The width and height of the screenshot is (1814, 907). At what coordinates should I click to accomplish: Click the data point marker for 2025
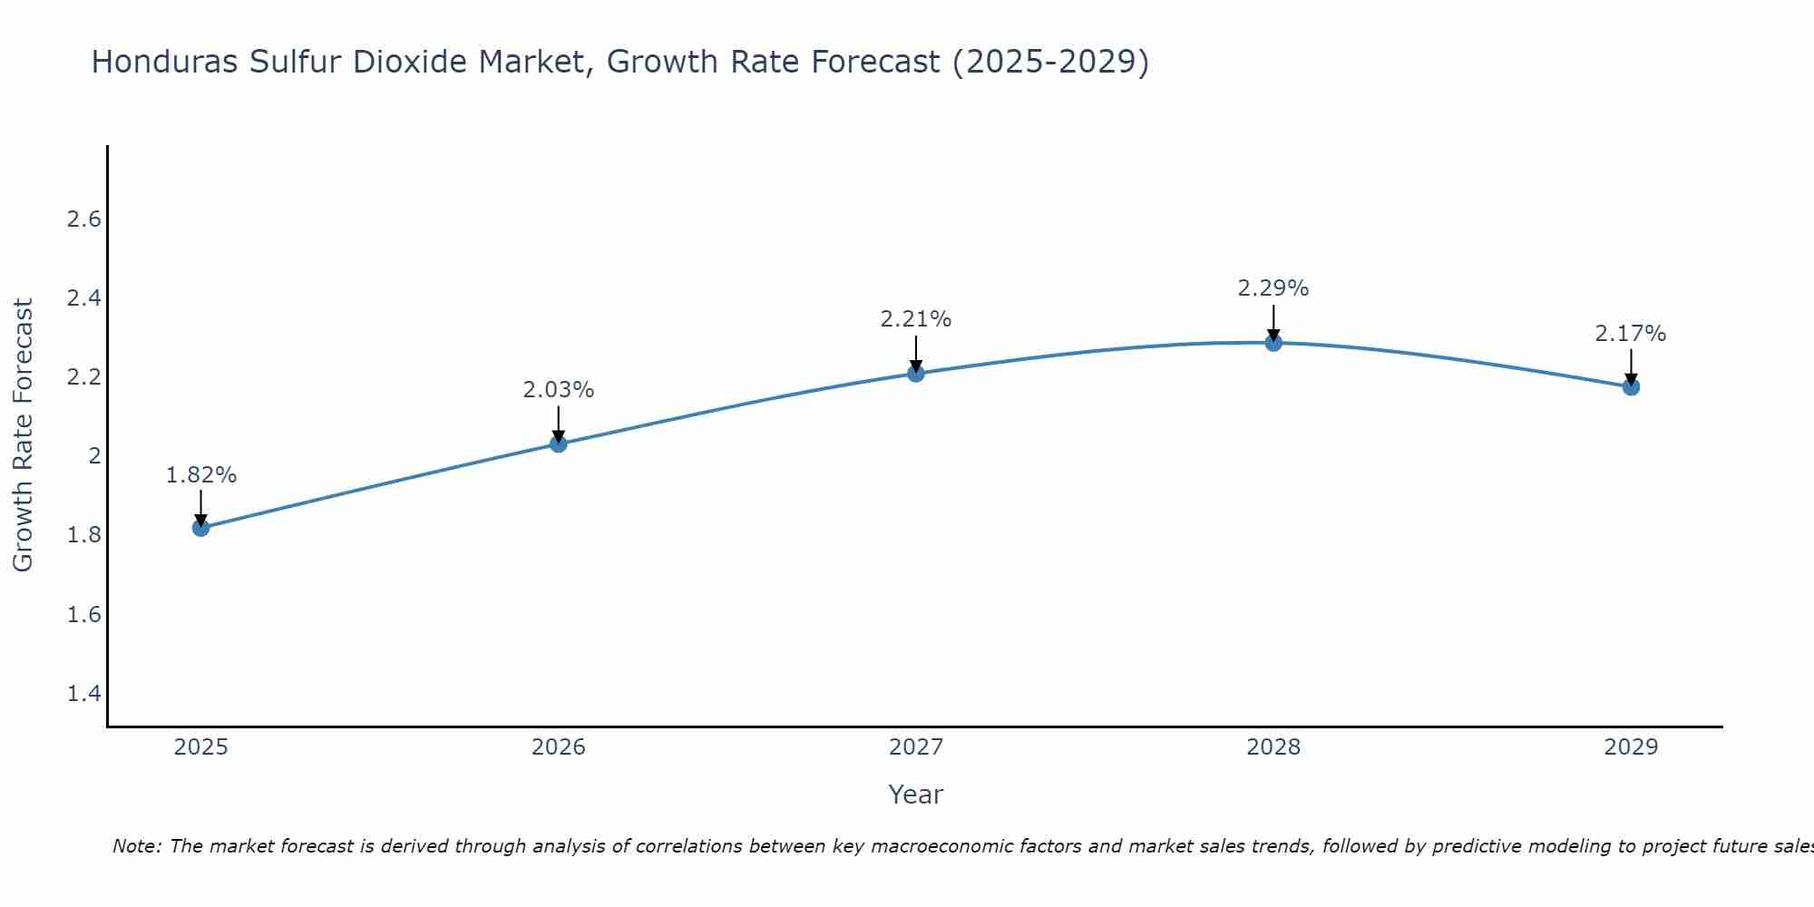200,528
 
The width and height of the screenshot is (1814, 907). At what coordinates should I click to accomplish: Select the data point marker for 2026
559,444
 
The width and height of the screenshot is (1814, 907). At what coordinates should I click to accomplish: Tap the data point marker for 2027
916,373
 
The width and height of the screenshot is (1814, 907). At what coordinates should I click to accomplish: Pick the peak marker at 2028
1273,342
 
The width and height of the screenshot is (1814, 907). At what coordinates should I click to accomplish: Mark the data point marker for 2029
1631,387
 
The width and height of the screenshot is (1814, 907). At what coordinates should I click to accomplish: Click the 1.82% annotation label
201,475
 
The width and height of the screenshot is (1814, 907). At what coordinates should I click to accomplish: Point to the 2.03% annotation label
559,390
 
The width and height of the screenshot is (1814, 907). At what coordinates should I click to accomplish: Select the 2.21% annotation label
916,319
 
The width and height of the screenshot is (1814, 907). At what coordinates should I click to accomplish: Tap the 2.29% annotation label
1273,288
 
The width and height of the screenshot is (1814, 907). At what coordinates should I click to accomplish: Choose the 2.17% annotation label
1631,334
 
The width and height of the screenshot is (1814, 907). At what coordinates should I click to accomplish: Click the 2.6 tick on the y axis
84,219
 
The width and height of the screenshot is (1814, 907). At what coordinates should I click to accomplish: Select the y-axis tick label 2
94,456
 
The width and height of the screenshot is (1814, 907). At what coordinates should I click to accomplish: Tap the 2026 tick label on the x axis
559,747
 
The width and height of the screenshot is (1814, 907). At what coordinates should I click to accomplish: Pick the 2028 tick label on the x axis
1273,747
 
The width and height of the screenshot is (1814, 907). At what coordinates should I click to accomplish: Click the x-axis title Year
916,795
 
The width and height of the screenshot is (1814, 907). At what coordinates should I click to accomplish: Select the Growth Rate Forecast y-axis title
23,435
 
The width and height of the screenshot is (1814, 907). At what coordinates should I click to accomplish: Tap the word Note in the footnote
136,846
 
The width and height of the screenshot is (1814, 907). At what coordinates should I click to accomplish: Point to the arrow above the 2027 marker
916,353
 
